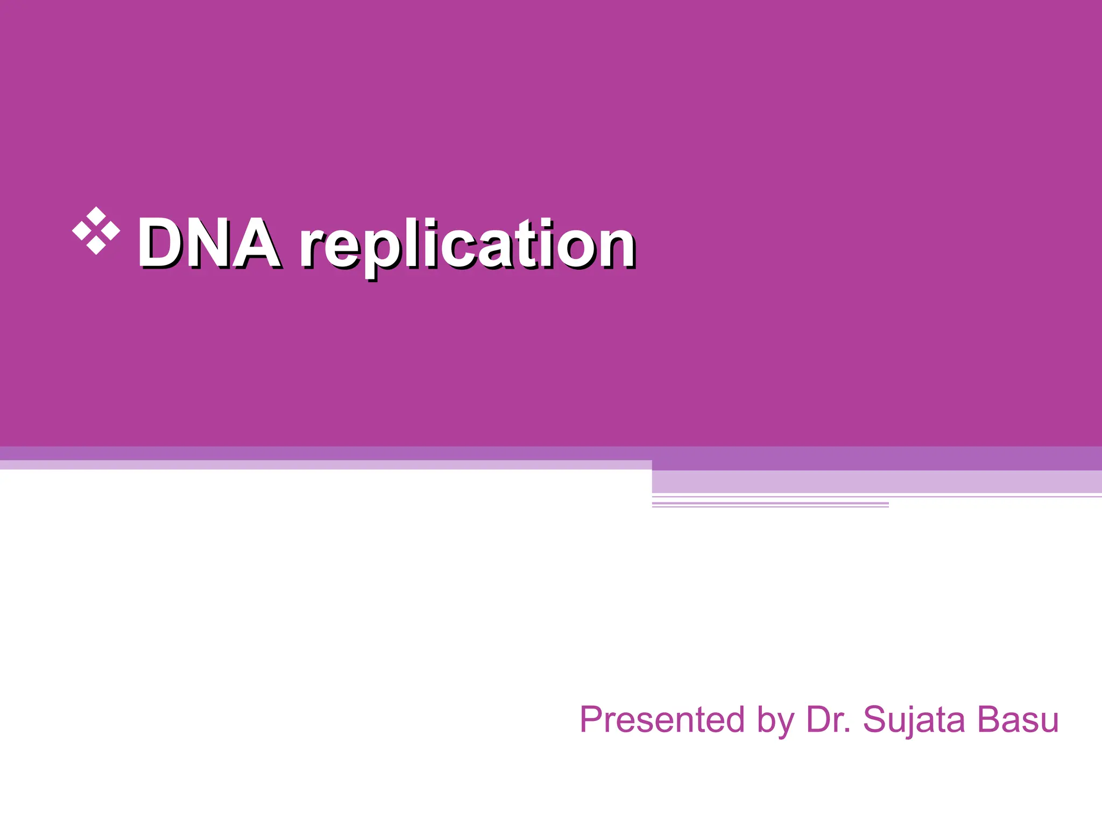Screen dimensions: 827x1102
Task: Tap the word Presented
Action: [662, 719]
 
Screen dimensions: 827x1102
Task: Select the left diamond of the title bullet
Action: [81, 230]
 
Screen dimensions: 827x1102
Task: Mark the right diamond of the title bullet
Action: [111, 230]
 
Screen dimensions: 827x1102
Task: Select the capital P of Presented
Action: [592, 719]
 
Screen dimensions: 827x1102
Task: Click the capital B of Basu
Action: [990, 719]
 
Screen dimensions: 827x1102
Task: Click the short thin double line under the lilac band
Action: [770, 504]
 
